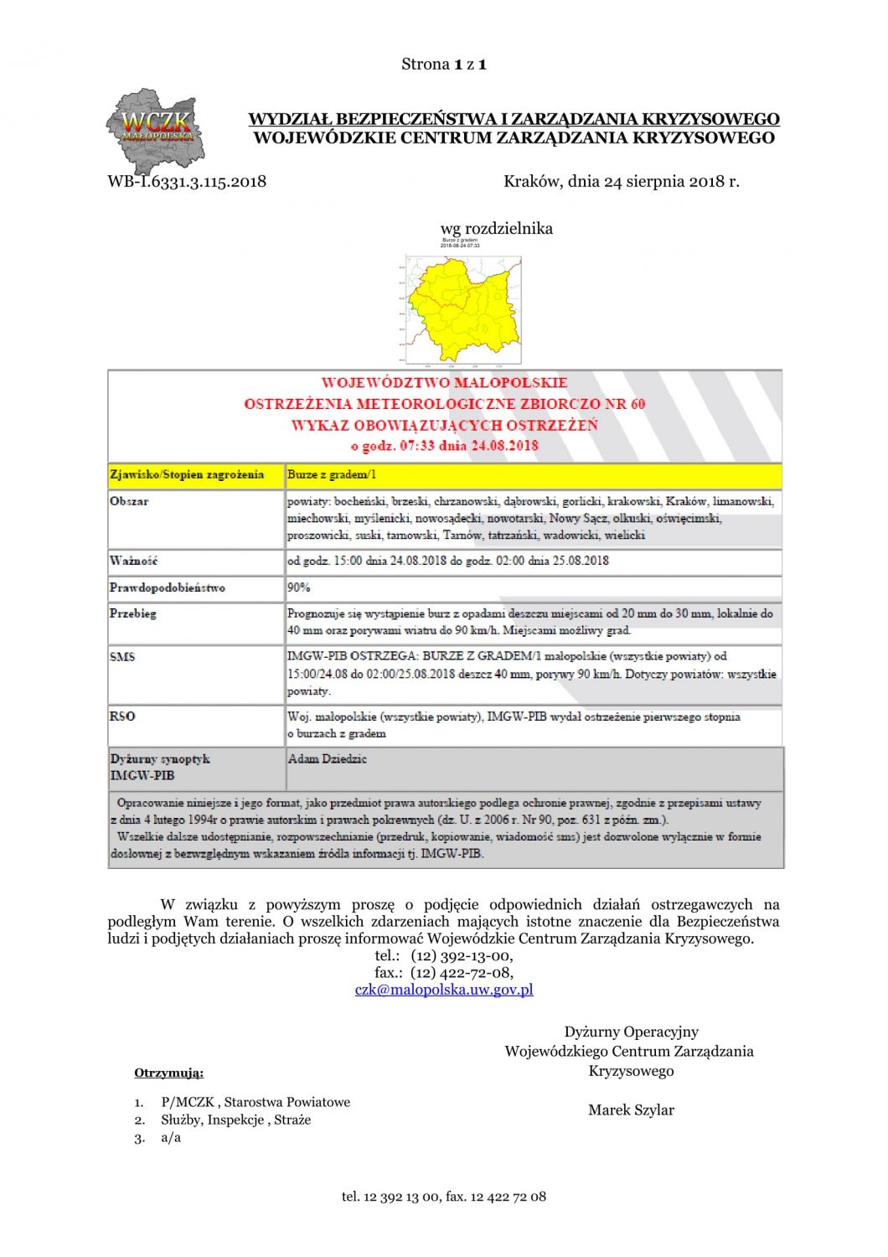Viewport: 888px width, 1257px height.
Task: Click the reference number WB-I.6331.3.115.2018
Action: (x=187, y=181)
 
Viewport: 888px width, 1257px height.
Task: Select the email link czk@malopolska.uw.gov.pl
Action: (x=444, y=990)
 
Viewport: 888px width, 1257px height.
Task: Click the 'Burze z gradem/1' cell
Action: (x=332, y=475)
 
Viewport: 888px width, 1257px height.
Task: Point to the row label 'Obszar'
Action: (x=129, y=501)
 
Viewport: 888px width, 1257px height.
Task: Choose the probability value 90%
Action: (x=299, y=587)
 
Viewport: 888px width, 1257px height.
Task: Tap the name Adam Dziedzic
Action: (x=328, y=759)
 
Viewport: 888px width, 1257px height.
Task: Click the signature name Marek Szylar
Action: (x=631, y=1110)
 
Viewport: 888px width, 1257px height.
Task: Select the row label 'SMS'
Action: (x=122, y=657)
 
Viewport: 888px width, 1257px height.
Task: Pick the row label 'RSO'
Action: (x=122, y=716)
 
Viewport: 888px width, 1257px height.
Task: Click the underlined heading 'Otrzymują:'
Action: (x=168, y=1073)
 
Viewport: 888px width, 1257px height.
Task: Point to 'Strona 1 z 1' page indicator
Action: (x=444, y=65)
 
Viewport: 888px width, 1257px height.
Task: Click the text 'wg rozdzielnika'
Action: (x=496, y=229)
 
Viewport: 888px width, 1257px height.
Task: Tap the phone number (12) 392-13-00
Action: (x=462, y=956)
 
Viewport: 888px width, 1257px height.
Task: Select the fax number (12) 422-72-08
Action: (x=462, y=973)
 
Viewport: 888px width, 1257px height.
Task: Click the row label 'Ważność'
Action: (x=134, y=561)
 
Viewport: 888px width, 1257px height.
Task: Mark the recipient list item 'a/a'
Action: (x=171, y=1138)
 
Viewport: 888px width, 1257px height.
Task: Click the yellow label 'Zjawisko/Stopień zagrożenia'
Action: (x=187, y=475)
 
